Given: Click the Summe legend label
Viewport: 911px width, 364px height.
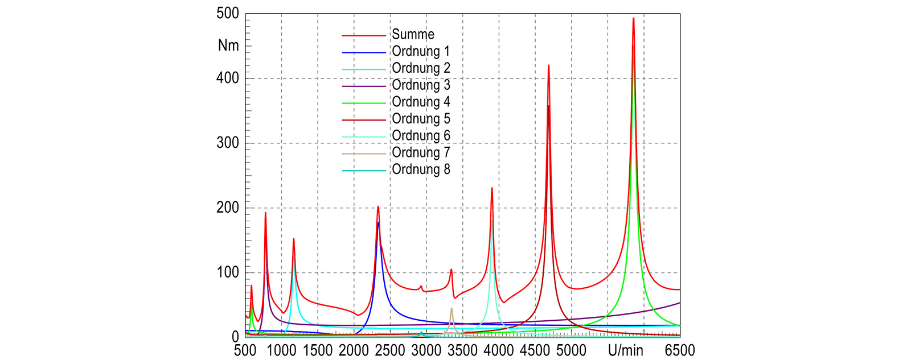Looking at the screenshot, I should [x=413, y=35].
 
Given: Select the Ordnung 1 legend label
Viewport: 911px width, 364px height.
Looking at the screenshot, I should [x=421, y=52].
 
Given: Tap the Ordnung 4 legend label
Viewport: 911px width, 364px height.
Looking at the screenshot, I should [x=421, y=102].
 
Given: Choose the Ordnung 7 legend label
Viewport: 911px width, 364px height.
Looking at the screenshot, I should [x=421, y=153].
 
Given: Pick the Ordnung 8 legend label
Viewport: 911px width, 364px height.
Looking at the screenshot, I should [x=421, y=169].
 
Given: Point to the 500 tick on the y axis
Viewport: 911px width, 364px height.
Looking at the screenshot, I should [x=228, y=14].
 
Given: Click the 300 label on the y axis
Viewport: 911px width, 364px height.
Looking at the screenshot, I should [x=228, y=143].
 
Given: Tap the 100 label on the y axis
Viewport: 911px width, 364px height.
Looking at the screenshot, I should [x=228, y=272].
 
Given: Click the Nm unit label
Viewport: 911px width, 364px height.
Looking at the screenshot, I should [x=228, y=46].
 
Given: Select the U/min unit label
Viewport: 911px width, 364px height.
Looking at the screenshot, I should [x=626, y=350].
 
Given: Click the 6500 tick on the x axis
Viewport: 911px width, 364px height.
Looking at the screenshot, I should [x=680, y=350].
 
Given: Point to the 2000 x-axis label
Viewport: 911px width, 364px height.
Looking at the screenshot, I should [x=354, y=350].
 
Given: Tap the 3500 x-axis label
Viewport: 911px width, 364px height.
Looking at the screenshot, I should [x=462, y=350].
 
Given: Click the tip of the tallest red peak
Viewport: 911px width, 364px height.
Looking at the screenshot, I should [x=633, y=18].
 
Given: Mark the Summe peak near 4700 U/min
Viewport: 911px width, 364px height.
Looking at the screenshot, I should [x=548, y=65].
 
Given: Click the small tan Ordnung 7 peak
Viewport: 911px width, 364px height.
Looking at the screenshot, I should [x=452, y=309].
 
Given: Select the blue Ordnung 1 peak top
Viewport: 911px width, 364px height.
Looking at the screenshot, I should [x=378, y=222].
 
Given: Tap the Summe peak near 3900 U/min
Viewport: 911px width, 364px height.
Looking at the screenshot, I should [x=492, y=188].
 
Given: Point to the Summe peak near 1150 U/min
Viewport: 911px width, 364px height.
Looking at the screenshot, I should [x=293, y=239].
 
